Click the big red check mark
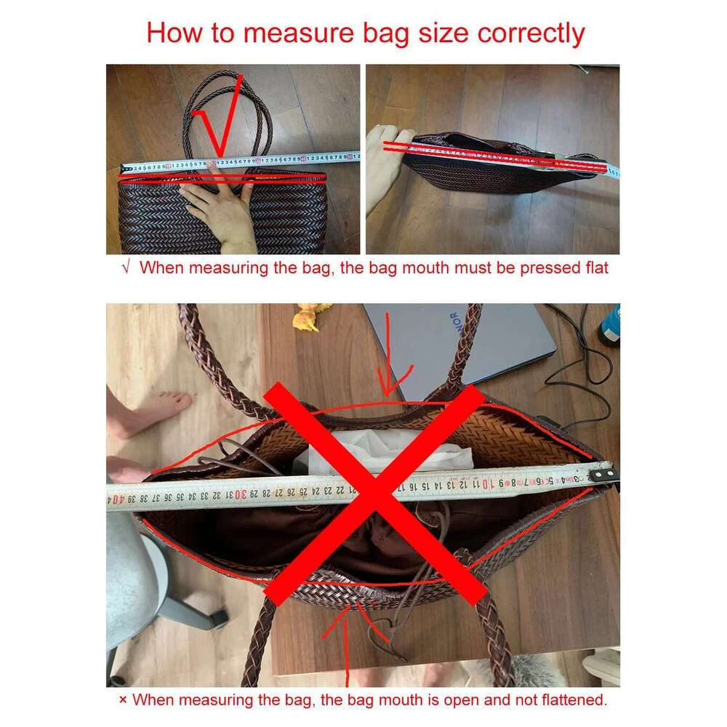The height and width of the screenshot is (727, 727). coord(220,116)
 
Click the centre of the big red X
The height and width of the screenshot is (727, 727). coord(374,494)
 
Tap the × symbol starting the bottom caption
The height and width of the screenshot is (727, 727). coord(123,701)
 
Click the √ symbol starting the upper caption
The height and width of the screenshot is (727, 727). coord(126,268)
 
